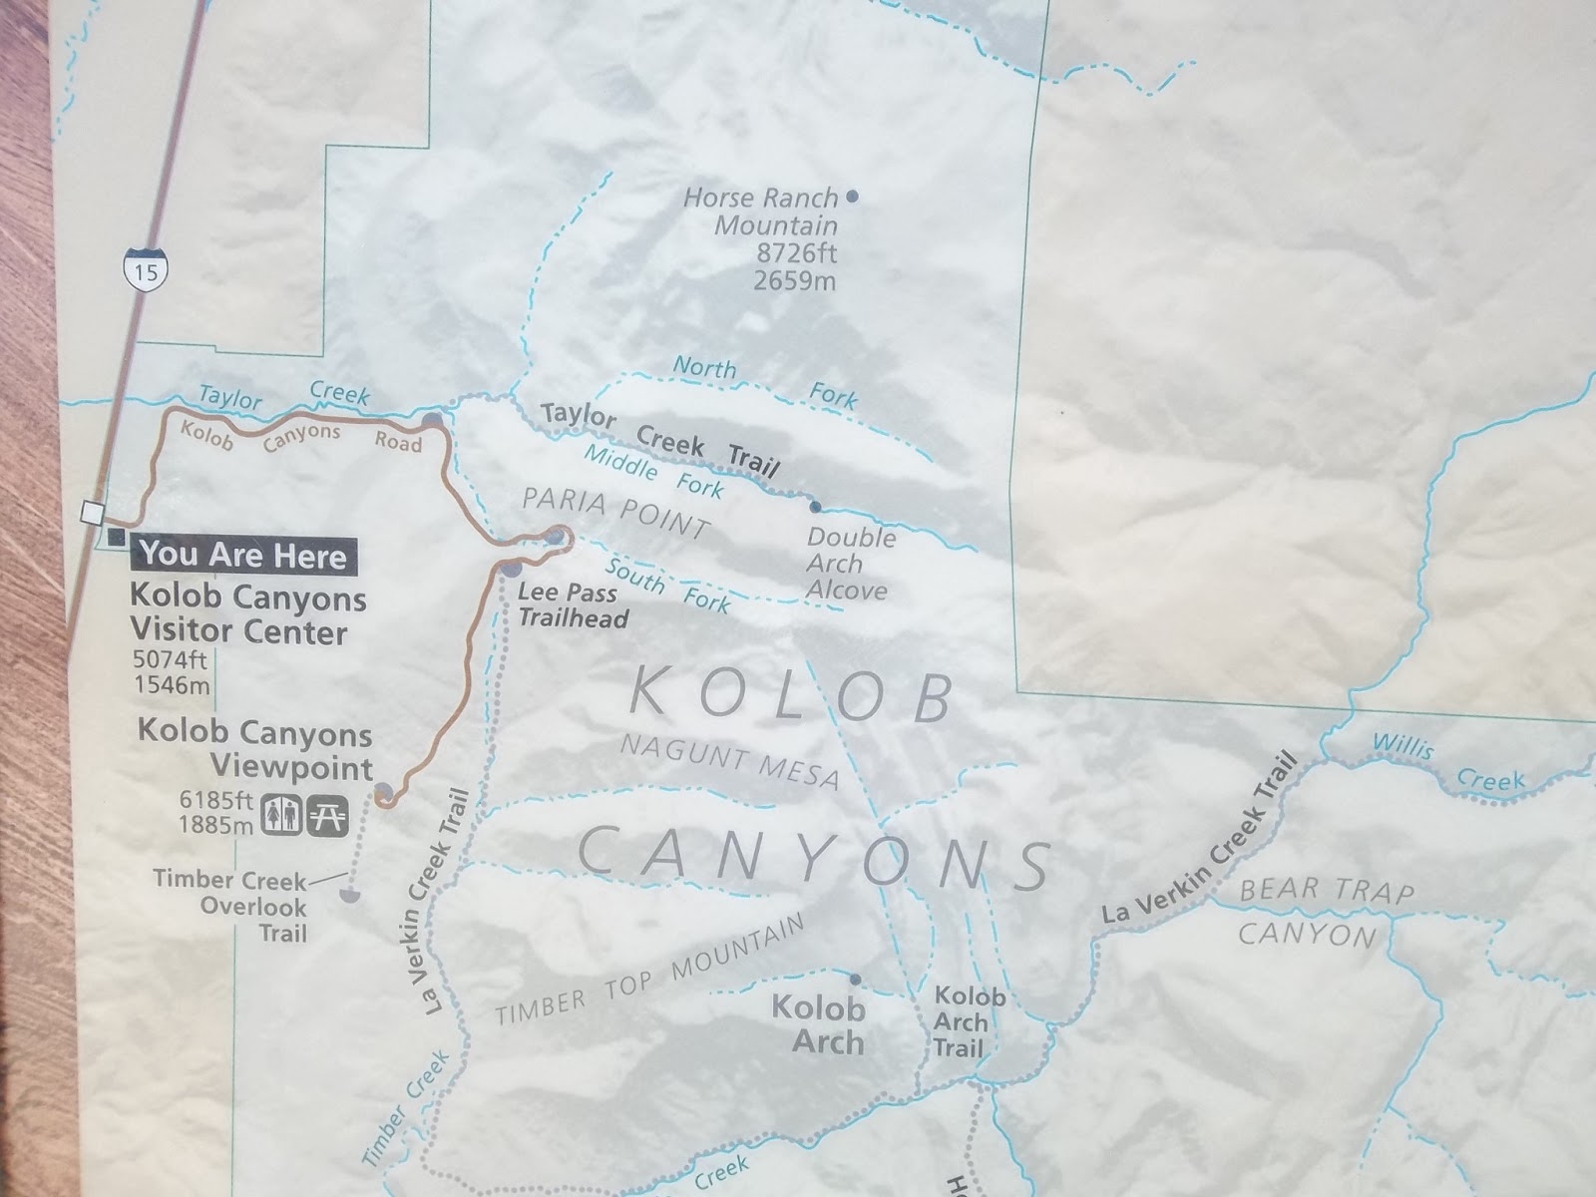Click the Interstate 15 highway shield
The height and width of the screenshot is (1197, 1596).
[x=146, y=270]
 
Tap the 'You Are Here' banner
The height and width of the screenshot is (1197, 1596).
[x=243, y=555]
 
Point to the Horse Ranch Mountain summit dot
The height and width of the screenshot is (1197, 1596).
[x=852, y=196]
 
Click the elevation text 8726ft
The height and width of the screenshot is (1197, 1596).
[x=796, y=253]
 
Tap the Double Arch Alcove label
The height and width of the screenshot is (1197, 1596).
[x=850, y=564]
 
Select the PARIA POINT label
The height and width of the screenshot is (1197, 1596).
[x=616, y=511]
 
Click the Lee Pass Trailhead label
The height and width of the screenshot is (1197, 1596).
[x=573, y=605]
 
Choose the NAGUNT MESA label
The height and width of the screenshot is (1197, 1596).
[x=729, y=761]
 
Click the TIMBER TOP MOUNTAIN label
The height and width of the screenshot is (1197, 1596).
[x=649, y=971]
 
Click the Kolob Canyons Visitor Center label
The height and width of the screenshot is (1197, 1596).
[x=247, y=614]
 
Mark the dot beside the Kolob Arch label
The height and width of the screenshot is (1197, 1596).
[x=855, y=980]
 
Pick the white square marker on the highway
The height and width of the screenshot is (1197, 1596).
[x=93, y=513]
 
